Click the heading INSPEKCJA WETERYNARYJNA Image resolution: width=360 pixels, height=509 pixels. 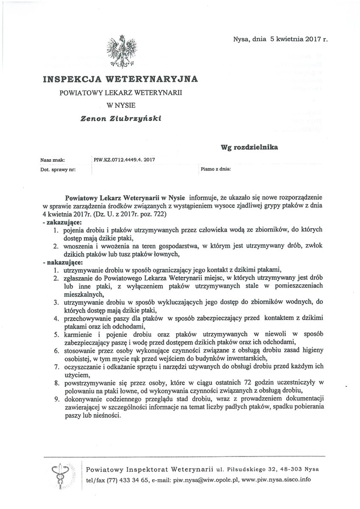(120, 79)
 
